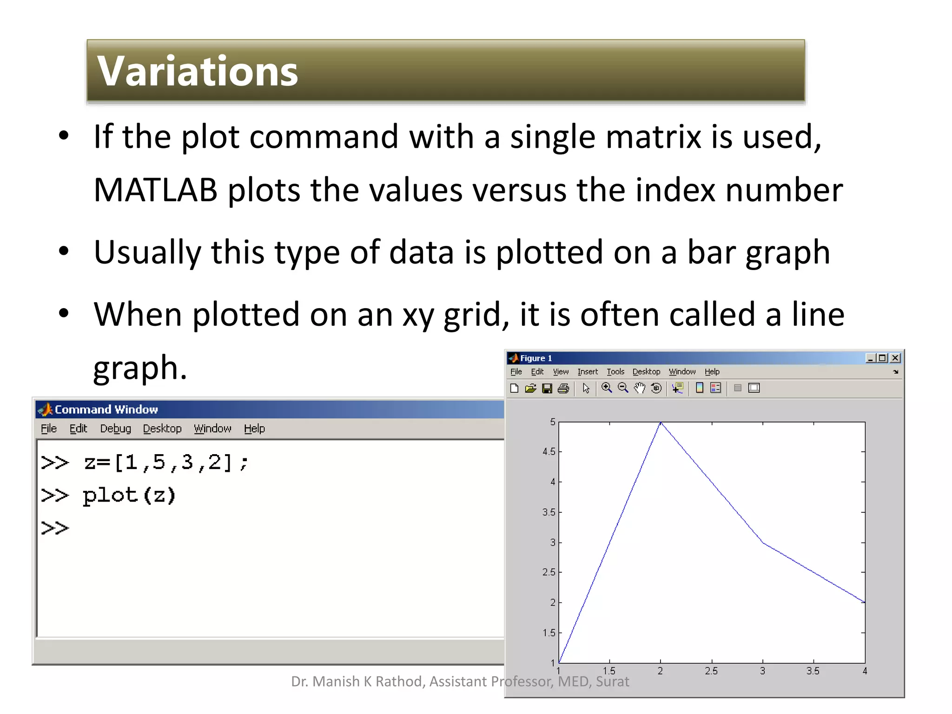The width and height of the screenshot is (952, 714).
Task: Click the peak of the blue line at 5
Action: click(x=661, y=423)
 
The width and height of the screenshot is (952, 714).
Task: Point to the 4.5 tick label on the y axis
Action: click(x=549, y=452)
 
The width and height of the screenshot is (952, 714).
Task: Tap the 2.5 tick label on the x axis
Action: click(x=711, y=671)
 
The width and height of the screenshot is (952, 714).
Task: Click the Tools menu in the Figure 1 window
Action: click(x=615, y=372)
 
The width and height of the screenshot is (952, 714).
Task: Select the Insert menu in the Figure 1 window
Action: click(x=588, y=372)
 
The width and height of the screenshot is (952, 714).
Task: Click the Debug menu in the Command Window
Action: click(x=115, y=429)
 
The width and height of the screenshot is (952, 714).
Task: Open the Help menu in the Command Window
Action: click(x=254, y=429)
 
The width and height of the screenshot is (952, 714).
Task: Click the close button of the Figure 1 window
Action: click(x=895, y=358)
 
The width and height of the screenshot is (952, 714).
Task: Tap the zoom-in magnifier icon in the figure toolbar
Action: click(x=607, y=388)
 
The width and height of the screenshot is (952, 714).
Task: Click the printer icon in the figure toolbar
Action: click(x=563, y=388)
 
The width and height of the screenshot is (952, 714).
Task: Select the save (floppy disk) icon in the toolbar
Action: click(x=547, y=388)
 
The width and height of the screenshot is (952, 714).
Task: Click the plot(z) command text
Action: click(x=129, y=496)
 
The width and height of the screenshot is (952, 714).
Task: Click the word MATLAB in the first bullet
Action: click(x=155, y=190)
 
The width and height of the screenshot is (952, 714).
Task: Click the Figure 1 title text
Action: click(x=535, y=358)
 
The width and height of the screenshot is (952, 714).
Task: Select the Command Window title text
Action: click(x=106, y=410)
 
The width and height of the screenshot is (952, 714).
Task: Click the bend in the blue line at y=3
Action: click(x=763, y=542)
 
